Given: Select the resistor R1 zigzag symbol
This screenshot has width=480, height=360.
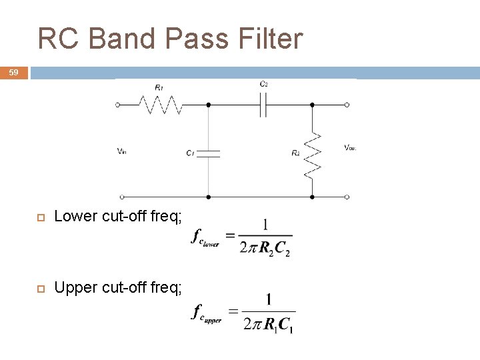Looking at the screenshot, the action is (160, 105).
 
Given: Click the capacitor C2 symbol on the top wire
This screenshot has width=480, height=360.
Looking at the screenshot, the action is (263, 105).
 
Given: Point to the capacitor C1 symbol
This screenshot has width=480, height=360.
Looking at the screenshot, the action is (209, 153).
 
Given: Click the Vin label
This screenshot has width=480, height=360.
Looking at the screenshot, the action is (121, 151).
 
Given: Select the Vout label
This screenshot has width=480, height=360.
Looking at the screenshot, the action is (350, 147).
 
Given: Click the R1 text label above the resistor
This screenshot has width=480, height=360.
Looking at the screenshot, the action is (159, 87).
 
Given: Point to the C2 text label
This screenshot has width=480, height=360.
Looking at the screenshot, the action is (264, 84).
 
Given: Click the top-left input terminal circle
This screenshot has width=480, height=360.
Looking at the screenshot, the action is (119, 105).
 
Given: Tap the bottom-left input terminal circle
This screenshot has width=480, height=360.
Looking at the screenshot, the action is (121, 197).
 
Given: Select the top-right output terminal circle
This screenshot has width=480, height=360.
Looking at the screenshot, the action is (347, 105).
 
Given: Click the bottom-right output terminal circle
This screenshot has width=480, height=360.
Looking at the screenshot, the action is (347, 197).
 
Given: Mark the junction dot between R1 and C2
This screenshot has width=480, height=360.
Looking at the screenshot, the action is (209, 105).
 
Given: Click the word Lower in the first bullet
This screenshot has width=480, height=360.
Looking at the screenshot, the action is (76, 216).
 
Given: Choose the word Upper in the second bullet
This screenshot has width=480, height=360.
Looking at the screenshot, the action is (76, 287).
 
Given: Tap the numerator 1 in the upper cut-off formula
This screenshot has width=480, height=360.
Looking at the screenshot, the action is (268, 301).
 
